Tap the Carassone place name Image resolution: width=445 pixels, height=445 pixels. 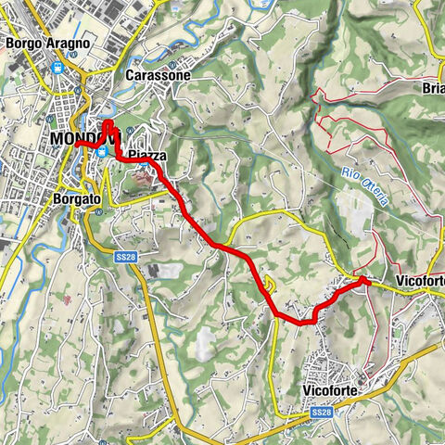(x=157, y=74)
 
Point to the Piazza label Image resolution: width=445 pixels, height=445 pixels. (x=147, y=157)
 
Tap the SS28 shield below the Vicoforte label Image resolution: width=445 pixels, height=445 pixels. (x=322, y=411)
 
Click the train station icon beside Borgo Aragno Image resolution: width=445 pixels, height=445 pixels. (x=58, y=67)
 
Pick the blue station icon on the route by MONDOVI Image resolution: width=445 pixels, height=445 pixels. (x=101, y=153)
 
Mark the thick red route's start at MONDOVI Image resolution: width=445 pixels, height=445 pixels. (x=77, y=146)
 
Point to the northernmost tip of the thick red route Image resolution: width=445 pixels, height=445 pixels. (x=107, y=123)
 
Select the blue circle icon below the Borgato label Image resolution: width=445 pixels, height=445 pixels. (x=95, y=210)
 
